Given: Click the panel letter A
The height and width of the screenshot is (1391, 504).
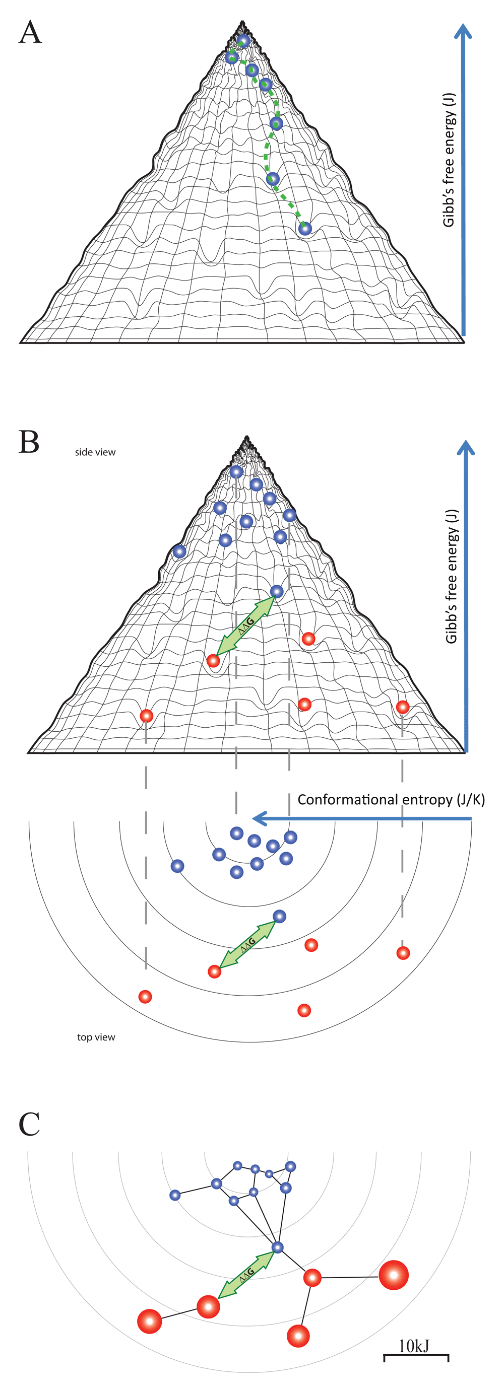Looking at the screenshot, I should click(30, 32).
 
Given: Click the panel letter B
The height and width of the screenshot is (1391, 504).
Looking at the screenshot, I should click(29, 442).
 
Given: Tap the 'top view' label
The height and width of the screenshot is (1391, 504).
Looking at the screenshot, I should click(96, 1037).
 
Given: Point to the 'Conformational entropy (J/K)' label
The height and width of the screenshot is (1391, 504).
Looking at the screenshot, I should click(391, 800).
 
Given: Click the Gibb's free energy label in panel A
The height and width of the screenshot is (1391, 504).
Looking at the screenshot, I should click(449, 160).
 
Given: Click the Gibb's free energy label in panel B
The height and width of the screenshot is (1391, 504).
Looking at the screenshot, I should click(451, 576).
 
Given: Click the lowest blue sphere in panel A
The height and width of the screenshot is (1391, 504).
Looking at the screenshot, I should click(305, 229).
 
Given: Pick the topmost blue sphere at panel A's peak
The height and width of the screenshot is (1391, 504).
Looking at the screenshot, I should click(243, 40).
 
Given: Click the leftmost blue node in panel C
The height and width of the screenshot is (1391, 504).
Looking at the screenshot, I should click(175, 1196).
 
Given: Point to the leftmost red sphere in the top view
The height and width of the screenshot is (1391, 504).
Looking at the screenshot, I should click(145, 997).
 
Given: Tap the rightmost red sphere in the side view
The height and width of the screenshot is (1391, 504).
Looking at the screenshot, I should click(402, 707).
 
